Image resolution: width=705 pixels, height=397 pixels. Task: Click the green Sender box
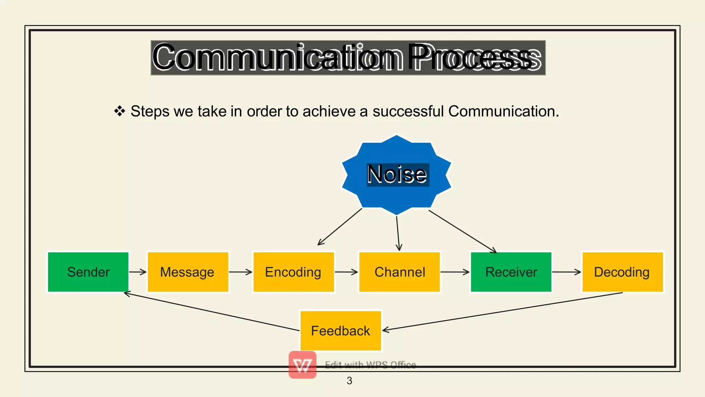(88, 272)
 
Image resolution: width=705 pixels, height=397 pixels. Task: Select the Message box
(188, 272)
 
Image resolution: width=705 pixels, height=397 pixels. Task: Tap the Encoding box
(293, 272)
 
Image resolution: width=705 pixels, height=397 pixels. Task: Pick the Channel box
(399, 272)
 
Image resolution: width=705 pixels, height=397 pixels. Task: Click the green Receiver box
(511, 272)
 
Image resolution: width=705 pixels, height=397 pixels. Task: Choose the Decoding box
(622, 272)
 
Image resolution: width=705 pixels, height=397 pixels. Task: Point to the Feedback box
(340, 331)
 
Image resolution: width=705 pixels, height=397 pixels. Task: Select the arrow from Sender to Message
(138, 272)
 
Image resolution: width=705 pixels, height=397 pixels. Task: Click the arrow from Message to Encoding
(241, 272)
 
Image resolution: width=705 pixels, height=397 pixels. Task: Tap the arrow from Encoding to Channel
(346, 272)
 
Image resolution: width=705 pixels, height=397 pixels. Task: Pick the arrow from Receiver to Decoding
(567, 272)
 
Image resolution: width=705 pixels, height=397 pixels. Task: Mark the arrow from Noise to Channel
(398, 233)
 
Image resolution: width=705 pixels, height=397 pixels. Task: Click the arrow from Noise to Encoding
(340, 227)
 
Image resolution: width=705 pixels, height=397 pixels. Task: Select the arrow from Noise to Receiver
(463, 231)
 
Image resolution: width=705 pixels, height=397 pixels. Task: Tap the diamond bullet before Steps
(119, 111)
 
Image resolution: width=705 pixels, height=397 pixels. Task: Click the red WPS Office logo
(303, 365)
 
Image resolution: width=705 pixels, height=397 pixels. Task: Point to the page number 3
(349, 381)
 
